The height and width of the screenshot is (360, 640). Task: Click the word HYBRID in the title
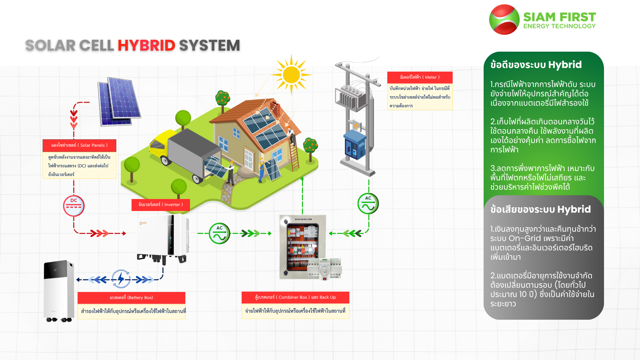point(146,46)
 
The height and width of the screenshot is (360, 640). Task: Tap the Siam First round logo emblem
point(504,19)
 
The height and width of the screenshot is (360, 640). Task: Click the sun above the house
point(291,75)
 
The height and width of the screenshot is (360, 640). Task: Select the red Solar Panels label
point(79,145)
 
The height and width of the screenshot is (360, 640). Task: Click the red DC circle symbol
point(74,206)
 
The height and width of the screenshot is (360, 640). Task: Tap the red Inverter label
point(161,205)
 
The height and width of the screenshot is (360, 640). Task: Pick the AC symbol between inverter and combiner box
point(219,233)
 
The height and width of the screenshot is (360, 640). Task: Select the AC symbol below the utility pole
point(368,203)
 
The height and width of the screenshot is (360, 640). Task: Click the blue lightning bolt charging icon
point(121,279)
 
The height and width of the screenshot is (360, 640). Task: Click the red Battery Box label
point(131,298)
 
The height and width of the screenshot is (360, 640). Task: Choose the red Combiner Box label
point(295,297)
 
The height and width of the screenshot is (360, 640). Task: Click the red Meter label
point(420,77)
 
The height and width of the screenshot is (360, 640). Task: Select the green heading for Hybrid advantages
point(536,65)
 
